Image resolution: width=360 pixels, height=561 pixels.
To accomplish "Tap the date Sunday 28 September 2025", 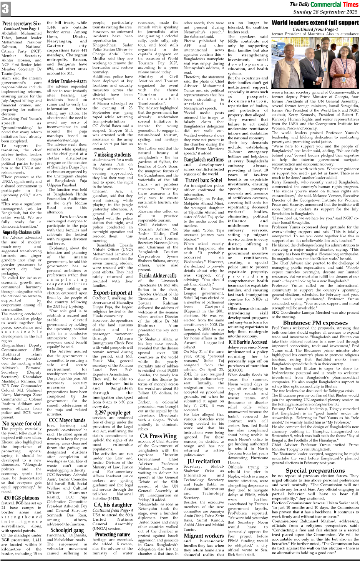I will (325, 12).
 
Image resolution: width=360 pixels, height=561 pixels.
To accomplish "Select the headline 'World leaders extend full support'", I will (315, 23).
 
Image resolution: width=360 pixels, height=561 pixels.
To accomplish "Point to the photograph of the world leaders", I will (315, 63).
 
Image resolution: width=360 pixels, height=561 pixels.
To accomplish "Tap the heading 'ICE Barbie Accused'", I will (248, 342).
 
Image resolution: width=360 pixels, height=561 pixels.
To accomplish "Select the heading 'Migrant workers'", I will (204, 536).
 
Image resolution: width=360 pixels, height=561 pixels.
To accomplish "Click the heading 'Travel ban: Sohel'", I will (204, 180).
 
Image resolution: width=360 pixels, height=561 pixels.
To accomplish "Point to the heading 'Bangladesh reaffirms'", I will (204, 159).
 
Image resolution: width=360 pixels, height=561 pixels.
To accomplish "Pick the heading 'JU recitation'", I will (204, 461).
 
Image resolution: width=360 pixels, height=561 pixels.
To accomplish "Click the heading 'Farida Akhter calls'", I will (158, 275).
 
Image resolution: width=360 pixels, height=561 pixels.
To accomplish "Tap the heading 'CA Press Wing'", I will (158, 436).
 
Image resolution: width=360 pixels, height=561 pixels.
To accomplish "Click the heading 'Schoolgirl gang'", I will (67, 530).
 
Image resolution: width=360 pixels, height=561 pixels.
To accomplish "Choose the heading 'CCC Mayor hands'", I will (67, 420).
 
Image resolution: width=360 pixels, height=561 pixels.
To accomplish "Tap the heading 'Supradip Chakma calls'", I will (22, 232).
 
